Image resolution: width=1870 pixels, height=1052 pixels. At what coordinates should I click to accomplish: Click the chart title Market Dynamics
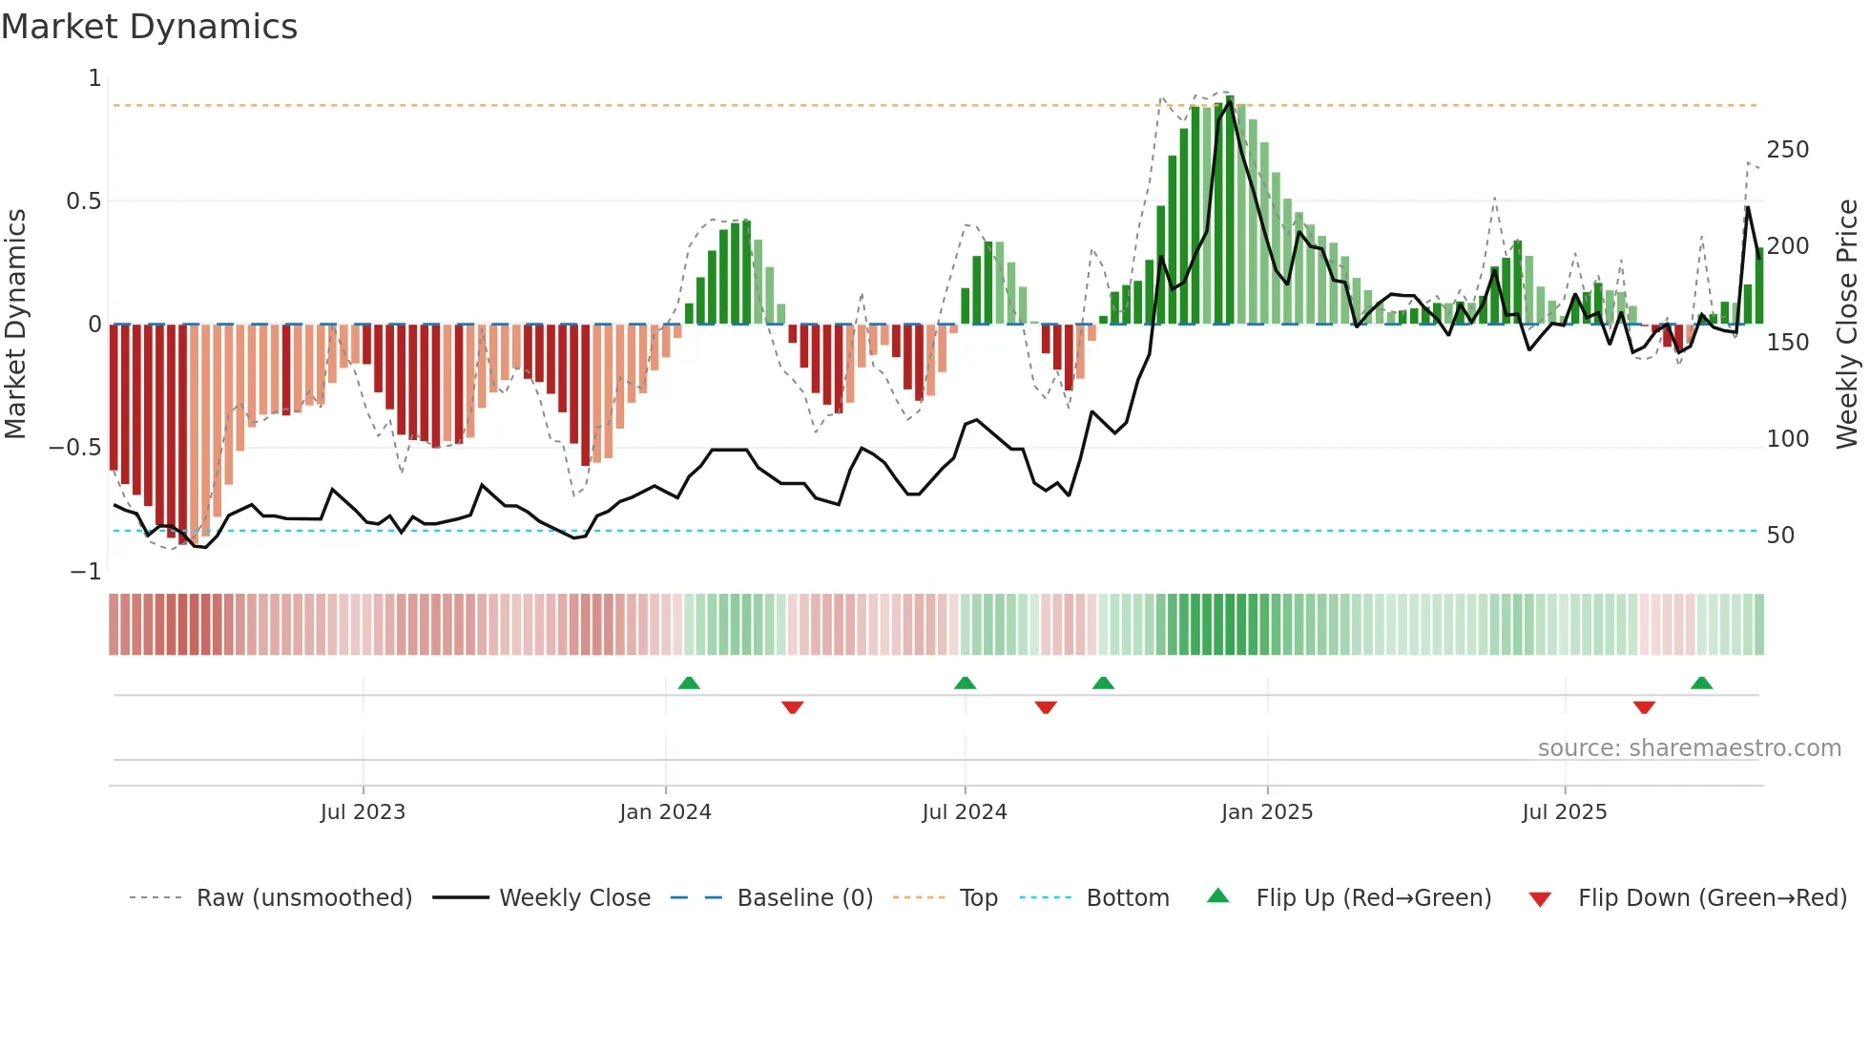(x=150, y=27)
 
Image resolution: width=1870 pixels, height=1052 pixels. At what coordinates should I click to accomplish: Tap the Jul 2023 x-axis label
(x=363, y=812)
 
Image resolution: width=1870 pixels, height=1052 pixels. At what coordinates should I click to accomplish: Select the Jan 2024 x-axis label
(x=665, y=812)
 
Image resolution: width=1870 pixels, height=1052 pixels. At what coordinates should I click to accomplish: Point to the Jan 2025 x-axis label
(x=1267, y=812)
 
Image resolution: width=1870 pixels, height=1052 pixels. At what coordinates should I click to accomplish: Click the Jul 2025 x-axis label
(x=1565, y=812)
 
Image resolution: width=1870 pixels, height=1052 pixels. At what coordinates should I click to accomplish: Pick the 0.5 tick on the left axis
(x=83, y=201)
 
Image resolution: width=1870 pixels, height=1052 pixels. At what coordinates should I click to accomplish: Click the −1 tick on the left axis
(x=85, y=572)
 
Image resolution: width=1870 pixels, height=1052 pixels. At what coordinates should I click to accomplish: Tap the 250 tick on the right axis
(x=1788, y=150)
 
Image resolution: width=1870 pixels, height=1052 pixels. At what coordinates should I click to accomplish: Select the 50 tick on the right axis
(x=1780, y=536)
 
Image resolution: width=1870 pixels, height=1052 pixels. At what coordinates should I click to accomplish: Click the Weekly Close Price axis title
(x=1848, y=325)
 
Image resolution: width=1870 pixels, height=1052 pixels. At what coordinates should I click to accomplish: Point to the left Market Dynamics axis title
(x=15, y=325)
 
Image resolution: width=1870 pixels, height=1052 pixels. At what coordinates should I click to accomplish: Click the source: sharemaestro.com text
(x=1689, y=748)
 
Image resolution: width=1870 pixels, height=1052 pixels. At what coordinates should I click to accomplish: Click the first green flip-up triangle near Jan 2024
(x=689, y=683)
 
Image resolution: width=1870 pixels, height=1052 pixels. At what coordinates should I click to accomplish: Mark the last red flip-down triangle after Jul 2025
(x=1644, y=707)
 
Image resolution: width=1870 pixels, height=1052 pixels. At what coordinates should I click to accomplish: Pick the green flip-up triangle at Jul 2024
(x=965, y=683)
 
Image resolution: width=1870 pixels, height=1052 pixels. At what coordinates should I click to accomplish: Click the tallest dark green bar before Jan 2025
(x=1230, y=210)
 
